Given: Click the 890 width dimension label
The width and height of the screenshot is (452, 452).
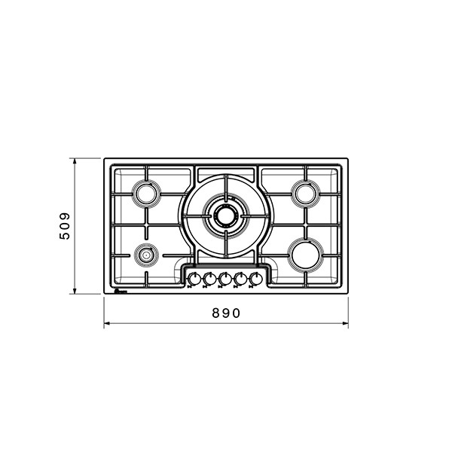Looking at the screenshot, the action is coord(226,313).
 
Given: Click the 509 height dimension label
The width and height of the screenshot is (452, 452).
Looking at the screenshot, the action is coord(65,226).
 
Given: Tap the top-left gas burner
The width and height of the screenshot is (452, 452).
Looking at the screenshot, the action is coord(146,194).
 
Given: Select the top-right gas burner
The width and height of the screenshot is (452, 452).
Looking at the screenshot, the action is coord(306,194).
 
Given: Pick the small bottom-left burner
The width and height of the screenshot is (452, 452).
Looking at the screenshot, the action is coord(146,255).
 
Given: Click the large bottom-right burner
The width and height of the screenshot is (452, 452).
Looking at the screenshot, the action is coord(306,255).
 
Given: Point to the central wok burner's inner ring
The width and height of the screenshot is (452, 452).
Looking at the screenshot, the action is coord(226,215).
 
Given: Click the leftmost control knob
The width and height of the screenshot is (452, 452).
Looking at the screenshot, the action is coord(194,279).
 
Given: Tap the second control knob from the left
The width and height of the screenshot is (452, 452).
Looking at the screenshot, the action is coord(209,279).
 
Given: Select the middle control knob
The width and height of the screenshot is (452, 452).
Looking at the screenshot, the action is coord(224,279).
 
